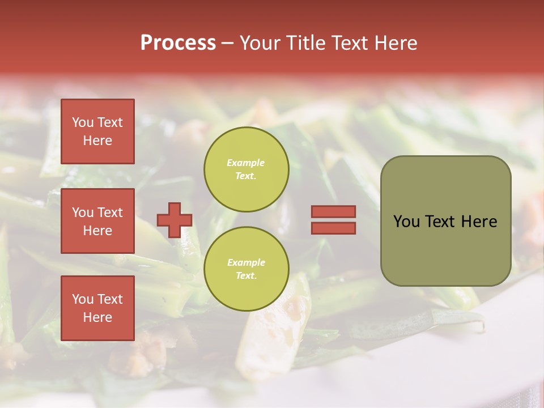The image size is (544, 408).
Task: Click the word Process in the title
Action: (178, 43)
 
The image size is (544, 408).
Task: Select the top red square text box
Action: (97, 131)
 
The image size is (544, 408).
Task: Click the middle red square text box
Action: (97, 221)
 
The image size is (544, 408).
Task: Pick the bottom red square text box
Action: (97, 308)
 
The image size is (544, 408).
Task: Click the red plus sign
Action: (174, 220)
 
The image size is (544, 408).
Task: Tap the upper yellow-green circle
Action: (246, 169)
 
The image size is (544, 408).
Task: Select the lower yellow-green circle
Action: (246, 269)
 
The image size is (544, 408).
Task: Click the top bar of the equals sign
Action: (333, 211)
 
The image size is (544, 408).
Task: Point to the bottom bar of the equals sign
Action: (333, 228)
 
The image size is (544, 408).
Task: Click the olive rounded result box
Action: (445, 249)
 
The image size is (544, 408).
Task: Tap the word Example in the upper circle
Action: (246, 163)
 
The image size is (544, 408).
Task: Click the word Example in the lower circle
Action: (246, 262)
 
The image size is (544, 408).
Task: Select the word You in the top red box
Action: (83, 122)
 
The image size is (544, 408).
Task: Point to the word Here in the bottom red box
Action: (97, 317)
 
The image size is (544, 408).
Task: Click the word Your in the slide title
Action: (259, 43)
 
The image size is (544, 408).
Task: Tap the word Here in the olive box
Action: (479, 222)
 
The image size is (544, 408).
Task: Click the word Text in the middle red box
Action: (110, 212)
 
